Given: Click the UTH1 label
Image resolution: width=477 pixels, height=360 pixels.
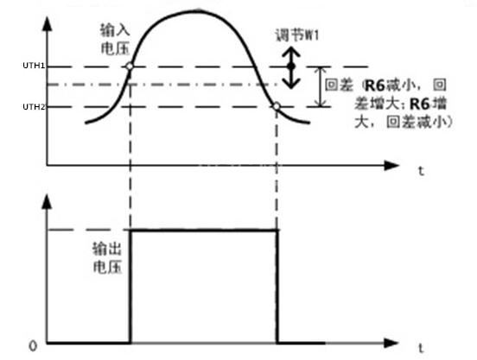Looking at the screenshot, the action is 34,66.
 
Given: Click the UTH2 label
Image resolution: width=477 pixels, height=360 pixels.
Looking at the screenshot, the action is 34,107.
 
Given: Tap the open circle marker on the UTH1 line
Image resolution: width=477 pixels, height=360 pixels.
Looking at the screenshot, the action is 130,66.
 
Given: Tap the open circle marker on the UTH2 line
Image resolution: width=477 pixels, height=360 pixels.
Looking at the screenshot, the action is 277,106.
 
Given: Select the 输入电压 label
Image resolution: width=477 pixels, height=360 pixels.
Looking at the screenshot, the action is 115,40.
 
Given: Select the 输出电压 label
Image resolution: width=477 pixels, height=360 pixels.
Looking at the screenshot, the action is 107,258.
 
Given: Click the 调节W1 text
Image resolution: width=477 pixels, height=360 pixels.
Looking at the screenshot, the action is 297,35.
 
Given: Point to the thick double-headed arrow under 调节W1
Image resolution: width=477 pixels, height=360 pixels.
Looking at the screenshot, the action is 291,67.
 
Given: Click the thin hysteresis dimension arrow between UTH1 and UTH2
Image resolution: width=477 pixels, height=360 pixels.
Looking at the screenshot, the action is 320,86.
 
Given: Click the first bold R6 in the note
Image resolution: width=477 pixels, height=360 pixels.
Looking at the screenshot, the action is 375,85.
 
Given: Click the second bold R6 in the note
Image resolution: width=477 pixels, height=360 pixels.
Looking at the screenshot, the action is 420,104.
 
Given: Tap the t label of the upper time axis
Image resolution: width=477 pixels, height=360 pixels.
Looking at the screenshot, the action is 421,171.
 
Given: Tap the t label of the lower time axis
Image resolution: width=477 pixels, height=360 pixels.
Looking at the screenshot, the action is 421,348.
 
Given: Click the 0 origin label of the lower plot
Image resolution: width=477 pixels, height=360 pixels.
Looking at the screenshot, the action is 33,346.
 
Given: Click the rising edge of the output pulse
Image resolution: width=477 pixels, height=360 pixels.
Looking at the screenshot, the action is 130,287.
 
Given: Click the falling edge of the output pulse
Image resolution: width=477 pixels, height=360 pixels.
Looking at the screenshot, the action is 277,287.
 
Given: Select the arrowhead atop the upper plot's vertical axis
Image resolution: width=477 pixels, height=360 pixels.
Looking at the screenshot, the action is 47,23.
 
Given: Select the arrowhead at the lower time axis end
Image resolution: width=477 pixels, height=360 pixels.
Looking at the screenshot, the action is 391,343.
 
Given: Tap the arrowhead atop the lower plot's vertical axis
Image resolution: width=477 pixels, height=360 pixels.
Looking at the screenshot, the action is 47,201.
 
